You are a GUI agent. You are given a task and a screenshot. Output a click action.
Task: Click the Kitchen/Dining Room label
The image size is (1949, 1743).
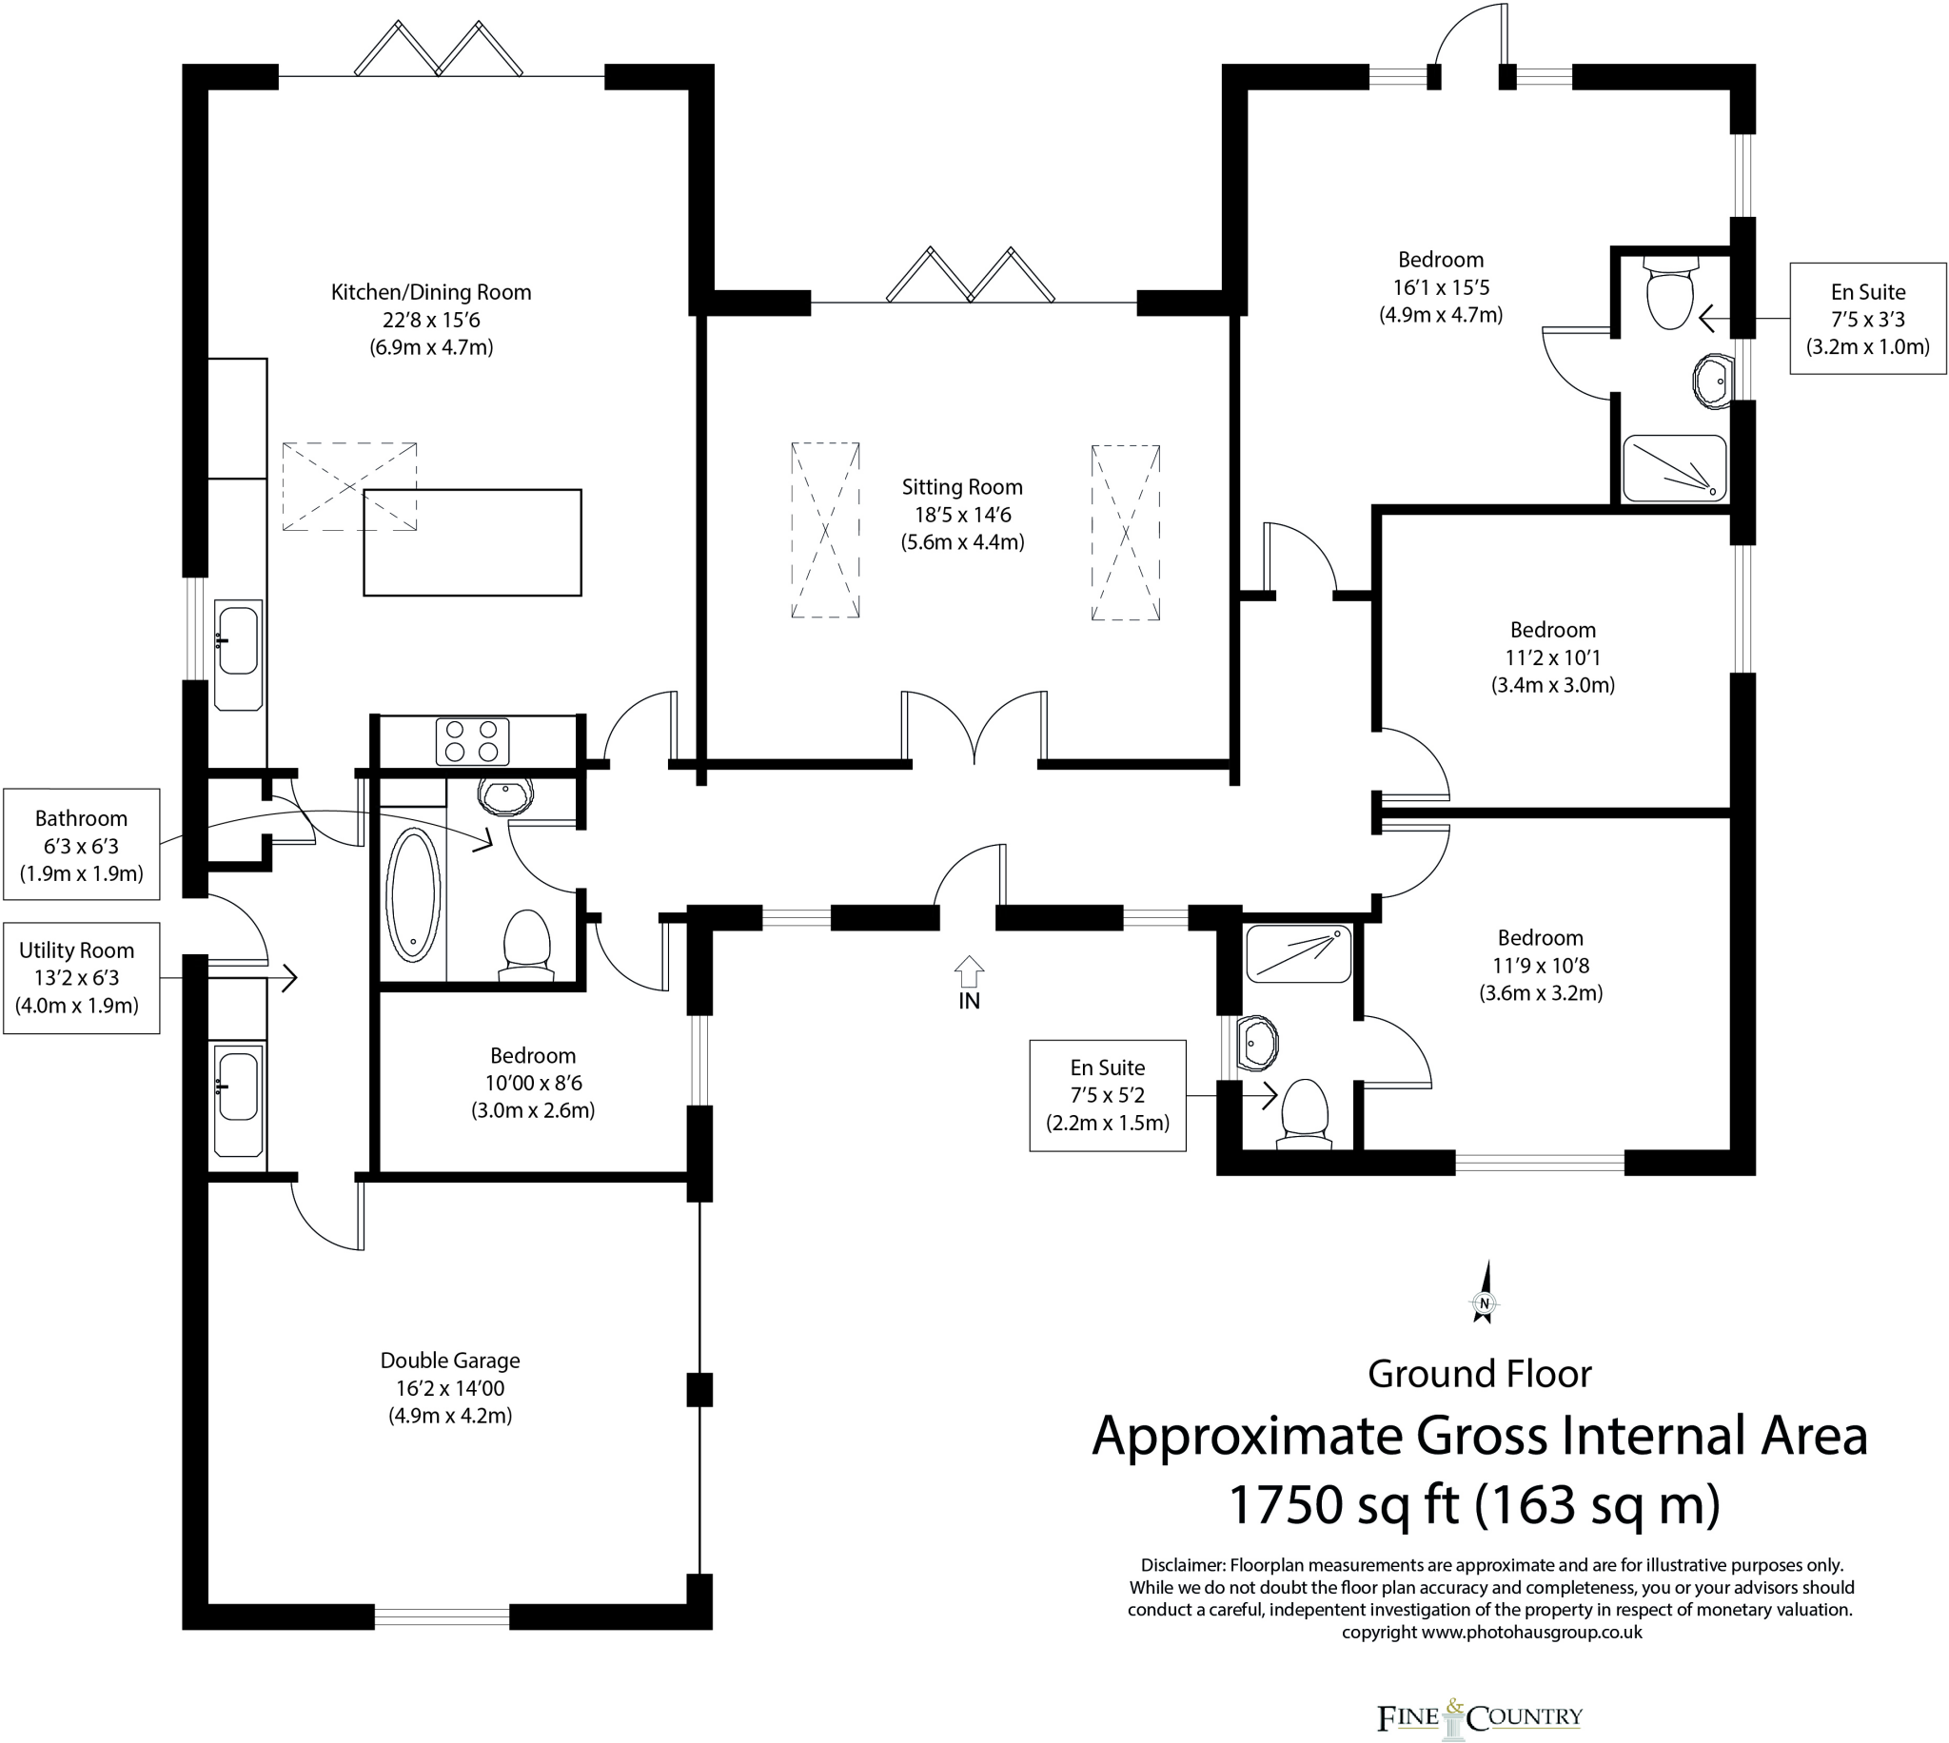[x=431, y=292]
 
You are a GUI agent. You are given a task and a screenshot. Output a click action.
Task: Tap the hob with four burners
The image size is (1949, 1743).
[x=472, y=741]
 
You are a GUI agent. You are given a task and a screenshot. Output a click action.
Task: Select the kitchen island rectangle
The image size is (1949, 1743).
[x=472, y=543]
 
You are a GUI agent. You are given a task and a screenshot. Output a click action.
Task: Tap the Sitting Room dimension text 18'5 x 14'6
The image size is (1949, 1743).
[x=961, y=515]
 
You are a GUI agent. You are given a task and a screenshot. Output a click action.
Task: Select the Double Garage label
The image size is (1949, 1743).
[x=450, y=1360]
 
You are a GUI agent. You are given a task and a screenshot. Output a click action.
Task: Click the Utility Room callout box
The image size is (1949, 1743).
[x=82, y=978]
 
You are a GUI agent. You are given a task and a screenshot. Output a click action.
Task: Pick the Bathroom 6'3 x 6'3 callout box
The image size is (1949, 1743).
[x=82, y=845]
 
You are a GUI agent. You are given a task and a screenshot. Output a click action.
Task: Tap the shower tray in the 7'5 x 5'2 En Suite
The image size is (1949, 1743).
[x=1298, y=953]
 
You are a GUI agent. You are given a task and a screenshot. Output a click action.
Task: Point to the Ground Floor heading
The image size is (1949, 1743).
[x=1479, y=1373]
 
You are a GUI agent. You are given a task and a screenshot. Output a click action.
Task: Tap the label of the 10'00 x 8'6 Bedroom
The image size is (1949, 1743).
[x=533, y=1055]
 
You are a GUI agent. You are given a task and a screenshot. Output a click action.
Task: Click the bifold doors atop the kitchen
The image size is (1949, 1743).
[x=439, y=51]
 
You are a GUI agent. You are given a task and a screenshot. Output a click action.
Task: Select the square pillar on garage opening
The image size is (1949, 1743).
[x=700, y=1389]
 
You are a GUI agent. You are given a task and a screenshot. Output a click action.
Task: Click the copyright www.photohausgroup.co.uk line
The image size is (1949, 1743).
[x=1491, y=1632]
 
